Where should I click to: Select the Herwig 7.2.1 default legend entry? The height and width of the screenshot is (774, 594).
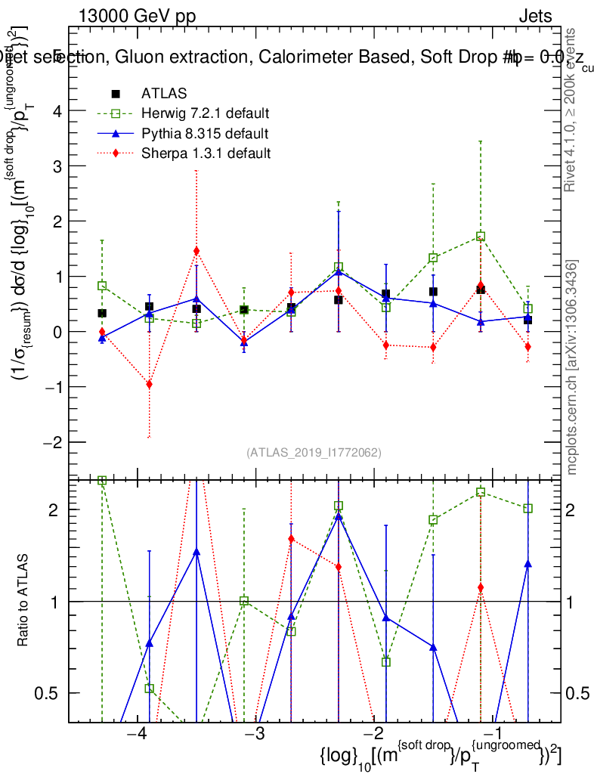(205, 114)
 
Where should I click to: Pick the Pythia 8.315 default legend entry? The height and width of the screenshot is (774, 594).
(203, 134)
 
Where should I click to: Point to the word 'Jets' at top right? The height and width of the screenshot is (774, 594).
(534, 17)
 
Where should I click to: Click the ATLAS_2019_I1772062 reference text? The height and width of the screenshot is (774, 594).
(314, 453)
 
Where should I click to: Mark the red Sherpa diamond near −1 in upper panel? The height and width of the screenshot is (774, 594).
(481, 286)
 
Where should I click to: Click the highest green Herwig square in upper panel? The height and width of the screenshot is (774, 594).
(481, 237)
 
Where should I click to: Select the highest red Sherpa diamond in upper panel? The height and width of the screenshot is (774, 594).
(196, 251)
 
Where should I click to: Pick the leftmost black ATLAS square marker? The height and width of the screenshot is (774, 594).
(102, 313)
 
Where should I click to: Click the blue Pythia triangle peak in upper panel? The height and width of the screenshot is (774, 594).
(339, 271)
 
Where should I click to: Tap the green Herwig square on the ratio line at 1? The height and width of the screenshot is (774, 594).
(244, 601)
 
